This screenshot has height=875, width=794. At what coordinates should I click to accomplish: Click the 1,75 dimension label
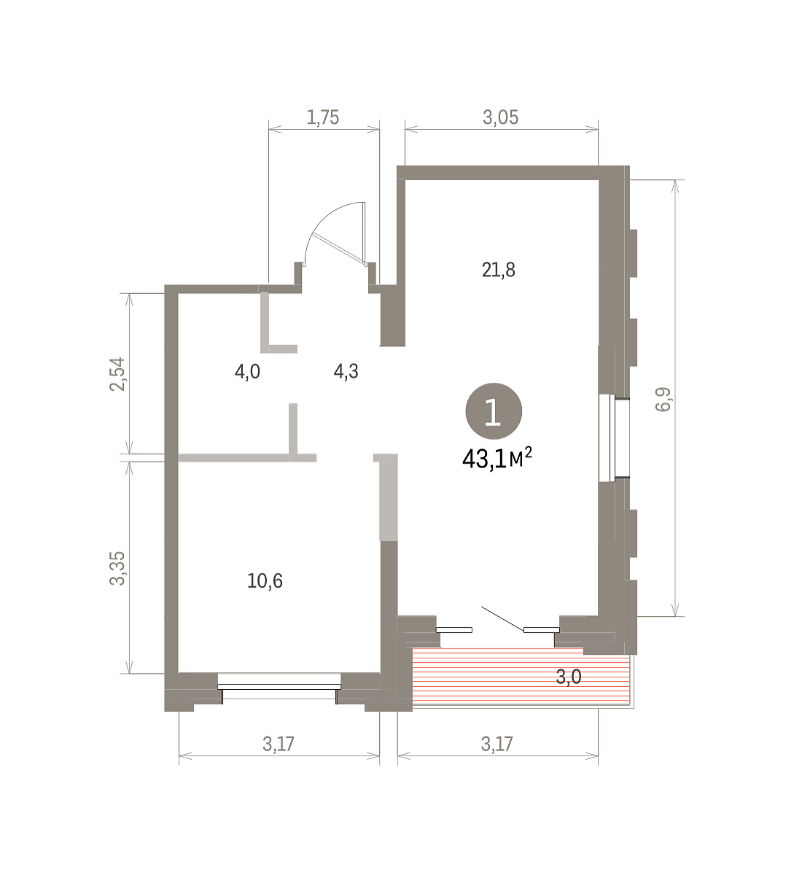click(323, 118)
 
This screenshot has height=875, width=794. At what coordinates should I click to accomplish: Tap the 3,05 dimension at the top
click(500, 118)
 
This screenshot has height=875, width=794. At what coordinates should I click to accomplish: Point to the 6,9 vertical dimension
click(663, 400)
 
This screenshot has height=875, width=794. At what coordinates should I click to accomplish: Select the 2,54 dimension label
click(117, 374)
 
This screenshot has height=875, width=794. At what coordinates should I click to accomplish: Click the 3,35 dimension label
click(117, 568)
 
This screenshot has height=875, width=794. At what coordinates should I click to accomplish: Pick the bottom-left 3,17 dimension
click(279, 744)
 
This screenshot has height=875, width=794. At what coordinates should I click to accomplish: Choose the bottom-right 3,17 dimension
click(497, 744)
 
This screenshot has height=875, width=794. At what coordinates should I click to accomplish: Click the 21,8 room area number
click(498, 271)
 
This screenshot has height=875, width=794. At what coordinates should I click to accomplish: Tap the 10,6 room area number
click(265, 581)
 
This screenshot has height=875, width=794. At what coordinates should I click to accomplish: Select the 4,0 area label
click(247, 372)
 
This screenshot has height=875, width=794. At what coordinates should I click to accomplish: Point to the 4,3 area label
click(346, 372)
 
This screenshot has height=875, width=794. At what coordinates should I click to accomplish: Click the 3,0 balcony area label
click(569, 677)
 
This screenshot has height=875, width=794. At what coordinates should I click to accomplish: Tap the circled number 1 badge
click(494, 411)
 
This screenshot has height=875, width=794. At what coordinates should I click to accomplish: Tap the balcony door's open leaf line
click(502, 618)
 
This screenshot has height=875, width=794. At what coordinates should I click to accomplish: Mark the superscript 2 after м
click(528, 452)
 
